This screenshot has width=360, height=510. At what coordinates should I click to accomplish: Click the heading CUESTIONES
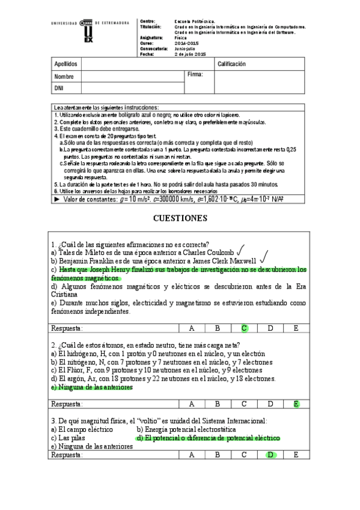point(180,218)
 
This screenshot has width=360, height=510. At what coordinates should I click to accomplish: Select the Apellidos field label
point(66,64)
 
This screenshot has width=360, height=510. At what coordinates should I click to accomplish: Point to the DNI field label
point(59,88)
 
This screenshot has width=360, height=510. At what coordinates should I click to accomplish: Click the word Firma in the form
point(195,75)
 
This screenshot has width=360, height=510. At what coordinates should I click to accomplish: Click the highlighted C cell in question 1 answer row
point(244,328)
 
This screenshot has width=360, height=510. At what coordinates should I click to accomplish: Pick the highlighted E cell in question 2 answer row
point(296,404)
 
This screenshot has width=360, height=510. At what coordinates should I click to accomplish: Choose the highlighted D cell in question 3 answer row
point(270,455)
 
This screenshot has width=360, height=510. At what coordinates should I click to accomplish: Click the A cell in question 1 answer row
point(192,328)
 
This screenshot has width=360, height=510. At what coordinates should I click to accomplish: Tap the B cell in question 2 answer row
point(218,404)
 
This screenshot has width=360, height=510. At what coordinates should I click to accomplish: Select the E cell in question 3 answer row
point(296,455)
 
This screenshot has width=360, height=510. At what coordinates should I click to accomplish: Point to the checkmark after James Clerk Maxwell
point(263,260)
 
